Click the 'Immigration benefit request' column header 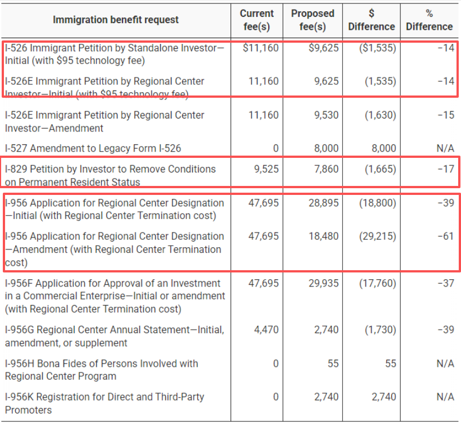pyautogui.click(x=115, y=20)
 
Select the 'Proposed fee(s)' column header pyautogui.click(x=313, y=20)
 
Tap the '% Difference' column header pyautogui.click(x=429, y=20)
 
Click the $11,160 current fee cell pyautogui.click(x=261, y=48)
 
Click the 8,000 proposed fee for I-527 pyautogui.click(x=327, y=148)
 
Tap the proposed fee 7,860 pyautogui.click(x=327, y=169)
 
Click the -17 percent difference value pyautogui.click(x=445, y=169)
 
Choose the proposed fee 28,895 pyautogui.click(x=323, y=203)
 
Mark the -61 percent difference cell pyautogui.click(x=445, y=236)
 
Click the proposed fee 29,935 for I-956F pyautogui.click(x=323, y=283)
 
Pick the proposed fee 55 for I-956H pyautogui.click(x=333, y=363)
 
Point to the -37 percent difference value pyautogui.click(x=445, y=283)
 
